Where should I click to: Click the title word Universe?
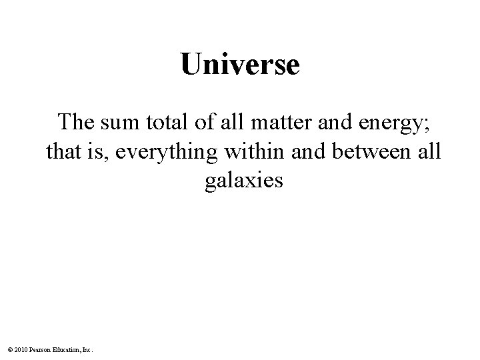tap(240, 65)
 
